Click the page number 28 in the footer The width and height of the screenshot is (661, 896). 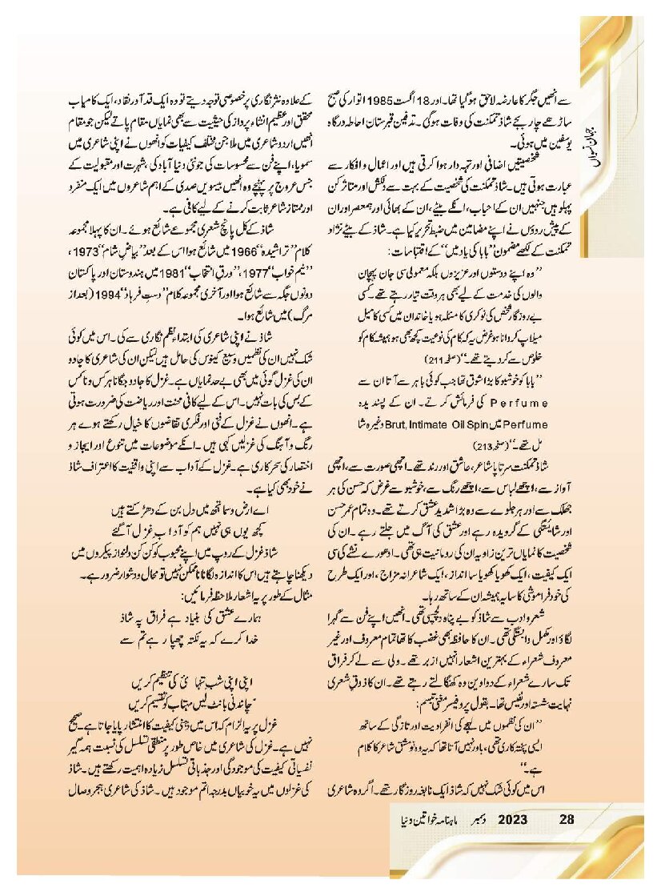(x=567, y=819)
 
